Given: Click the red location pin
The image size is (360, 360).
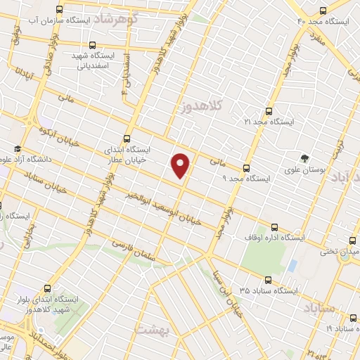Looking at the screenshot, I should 181,165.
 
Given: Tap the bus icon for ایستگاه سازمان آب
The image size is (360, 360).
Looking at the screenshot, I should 59,10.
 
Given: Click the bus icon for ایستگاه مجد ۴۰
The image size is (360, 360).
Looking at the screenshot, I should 323,11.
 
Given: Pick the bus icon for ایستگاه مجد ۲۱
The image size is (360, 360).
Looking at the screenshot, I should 269,110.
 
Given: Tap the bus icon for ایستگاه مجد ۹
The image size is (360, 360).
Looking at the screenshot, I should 246,168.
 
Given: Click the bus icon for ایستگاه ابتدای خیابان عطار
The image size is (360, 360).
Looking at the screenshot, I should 127,139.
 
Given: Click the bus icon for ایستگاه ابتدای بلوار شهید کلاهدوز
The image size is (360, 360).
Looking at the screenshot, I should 47,288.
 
